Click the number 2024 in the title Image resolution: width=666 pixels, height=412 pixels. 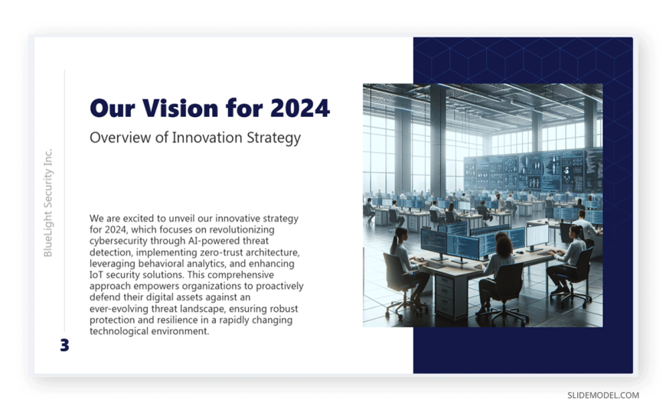tap(299, 108)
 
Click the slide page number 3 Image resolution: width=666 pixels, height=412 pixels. tap(64, 345)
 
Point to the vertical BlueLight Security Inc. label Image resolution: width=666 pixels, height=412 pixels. tap(48, 203)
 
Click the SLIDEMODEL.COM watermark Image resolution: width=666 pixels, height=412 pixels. tap(603, 395)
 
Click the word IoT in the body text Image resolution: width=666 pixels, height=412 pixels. tap(95, 274)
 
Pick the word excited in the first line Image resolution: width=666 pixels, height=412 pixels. tap(139, 219)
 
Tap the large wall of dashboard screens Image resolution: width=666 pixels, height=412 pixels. tap(534, 170)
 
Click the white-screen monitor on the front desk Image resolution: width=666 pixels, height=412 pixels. tap(537, 236)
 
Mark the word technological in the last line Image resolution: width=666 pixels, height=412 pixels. tap(118, 332)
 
